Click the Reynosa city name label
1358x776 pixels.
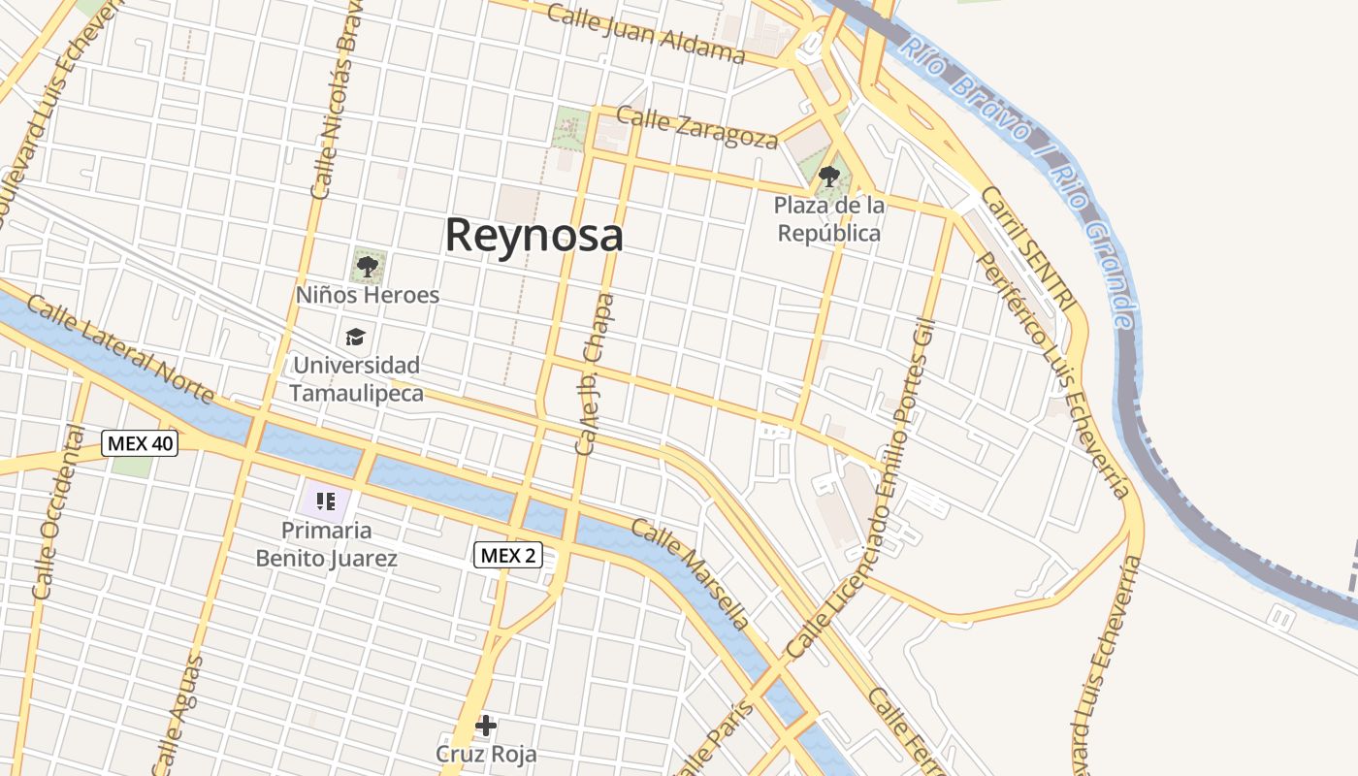533,236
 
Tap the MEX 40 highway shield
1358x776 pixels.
141,443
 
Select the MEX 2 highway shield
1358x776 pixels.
507,555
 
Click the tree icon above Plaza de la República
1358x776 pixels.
828,177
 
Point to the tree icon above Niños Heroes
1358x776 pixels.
367,265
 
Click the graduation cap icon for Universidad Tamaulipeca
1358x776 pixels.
356,337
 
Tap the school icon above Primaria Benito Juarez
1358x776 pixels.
326,501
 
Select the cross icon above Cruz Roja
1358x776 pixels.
486,725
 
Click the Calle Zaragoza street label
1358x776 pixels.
696,128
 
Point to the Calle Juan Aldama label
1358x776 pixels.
645,32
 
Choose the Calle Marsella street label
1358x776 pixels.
692,573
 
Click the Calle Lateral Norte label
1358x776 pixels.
120,349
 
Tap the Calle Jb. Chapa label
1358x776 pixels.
596,374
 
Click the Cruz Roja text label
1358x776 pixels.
486,754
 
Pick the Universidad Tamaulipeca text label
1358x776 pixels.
356,379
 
